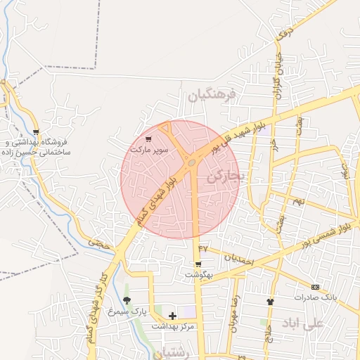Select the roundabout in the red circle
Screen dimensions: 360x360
click(192, 165)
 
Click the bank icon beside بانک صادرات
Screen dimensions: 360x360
click(315, 287)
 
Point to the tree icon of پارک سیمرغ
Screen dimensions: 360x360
click(127, 300)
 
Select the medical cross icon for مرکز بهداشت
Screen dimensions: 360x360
click(172, 316)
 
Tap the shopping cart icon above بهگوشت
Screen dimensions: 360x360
click(198, 264)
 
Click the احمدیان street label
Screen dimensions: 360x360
click(237, 257)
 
